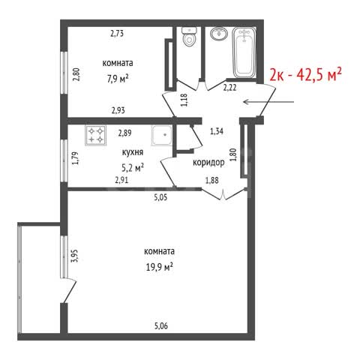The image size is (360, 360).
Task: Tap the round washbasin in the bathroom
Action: [x=219, y=34]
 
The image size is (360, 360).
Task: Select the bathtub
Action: [x=244, y=52]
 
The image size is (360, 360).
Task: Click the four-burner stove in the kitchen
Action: [x=96, y=135]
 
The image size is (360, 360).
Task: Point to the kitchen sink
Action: [x=161, y=135]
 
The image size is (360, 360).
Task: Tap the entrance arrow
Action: [x=268, y=102]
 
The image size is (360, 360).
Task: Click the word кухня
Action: [x=133, y=152]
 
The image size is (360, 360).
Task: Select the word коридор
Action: [x=208, y=163]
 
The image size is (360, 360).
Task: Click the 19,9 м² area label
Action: [x=159, y=268]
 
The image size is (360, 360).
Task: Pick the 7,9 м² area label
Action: [x=118, y=79]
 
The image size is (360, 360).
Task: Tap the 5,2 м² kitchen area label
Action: [x=133, y=168]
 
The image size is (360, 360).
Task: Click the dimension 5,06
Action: [x=161, y=326]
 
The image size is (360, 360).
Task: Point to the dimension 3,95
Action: [x=75, y=256]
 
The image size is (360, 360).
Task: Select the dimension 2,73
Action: [x=117, y=33]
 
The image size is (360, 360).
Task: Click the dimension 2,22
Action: [x=229, y=88]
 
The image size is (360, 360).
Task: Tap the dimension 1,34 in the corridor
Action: [x=217, y=131]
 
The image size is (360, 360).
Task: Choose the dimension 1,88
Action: [x=211, y=180]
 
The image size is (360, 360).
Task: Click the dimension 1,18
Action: [x=184, y=100]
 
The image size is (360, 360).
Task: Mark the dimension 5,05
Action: [x=160, y=198]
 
